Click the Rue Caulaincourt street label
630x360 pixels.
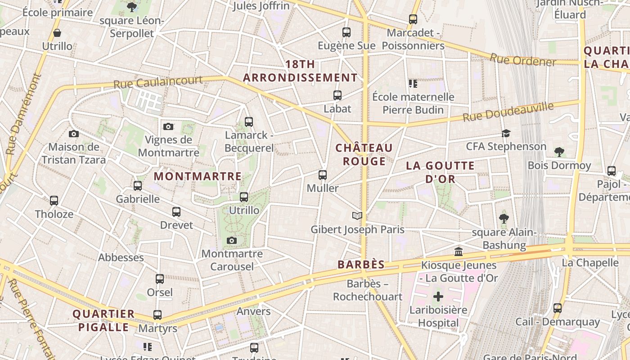point(158,82)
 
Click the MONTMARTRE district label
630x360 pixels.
point(198,176)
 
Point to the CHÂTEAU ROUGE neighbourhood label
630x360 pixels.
point(364,154)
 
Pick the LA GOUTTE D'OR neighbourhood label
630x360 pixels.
point(440,172)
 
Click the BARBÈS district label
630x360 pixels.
point(361,265)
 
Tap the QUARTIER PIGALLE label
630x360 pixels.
point(103,320)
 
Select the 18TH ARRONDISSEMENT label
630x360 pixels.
point(300,71)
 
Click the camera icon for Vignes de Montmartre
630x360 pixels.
point(168,127)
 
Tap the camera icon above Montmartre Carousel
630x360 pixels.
point(232,241)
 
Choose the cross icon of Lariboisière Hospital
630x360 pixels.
point(438,297)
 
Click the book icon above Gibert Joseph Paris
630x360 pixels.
point(357,216)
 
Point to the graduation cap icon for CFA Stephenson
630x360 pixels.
point(506,133)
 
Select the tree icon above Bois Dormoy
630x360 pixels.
point(559,152)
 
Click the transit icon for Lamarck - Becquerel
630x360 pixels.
point(249,121)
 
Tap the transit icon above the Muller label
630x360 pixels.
point(323,175)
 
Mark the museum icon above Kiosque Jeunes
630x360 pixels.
point(459,252)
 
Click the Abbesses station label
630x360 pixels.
point(121,257)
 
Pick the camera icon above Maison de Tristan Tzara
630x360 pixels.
point(74,134)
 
